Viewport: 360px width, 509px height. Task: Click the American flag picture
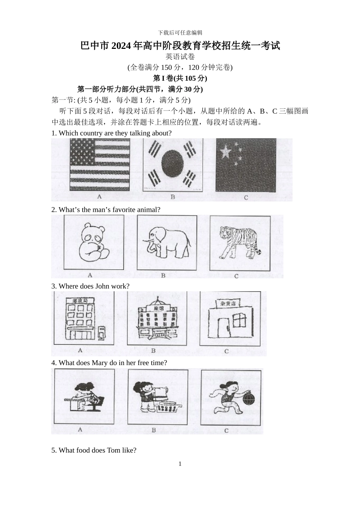click(100, 164)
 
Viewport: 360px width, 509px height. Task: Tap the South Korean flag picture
click(172, 164)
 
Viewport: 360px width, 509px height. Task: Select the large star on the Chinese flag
click(225, 152)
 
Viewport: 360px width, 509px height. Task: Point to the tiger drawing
click(240, 243)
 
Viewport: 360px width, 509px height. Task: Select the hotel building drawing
click(156, 319)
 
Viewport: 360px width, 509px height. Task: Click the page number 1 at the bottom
click(180, 464)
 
